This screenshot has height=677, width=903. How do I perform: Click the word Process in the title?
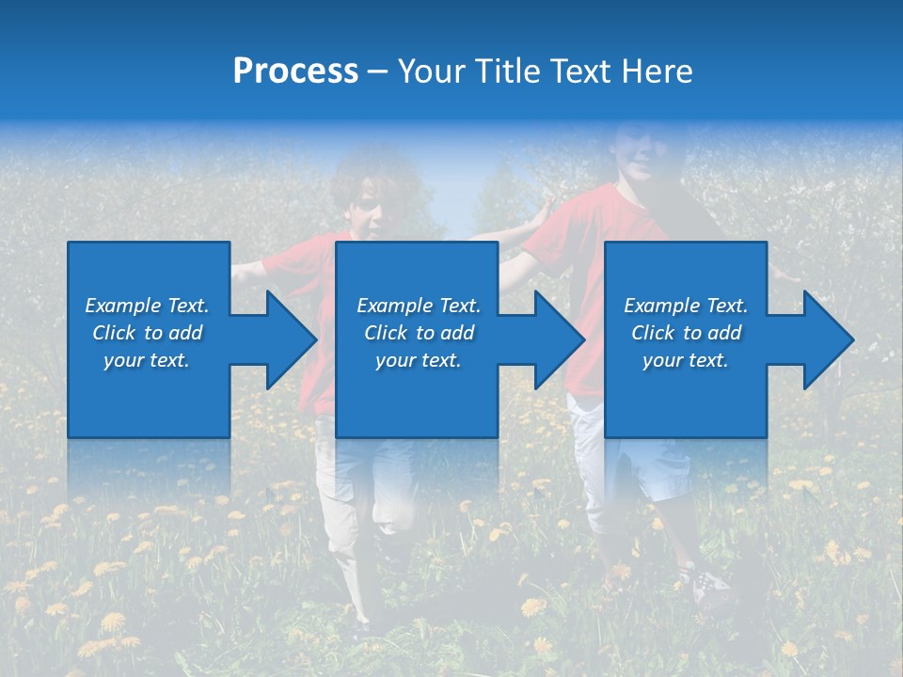tap(295, 71)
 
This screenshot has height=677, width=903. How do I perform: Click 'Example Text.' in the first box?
tap(147, 306)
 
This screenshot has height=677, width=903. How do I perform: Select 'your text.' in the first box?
tap(147, 360)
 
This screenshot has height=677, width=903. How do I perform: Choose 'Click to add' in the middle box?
tap(419, 333)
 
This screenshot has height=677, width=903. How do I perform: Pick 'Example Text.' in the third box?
tap(686, 306)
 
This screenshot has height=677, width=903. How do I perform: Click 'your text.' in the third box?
tap(686, 360)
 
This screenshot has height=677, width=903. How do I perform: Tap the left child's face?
tap(367, 216)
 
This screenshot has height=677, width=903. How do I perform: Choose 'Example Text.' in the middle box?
tap(419, 306)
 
